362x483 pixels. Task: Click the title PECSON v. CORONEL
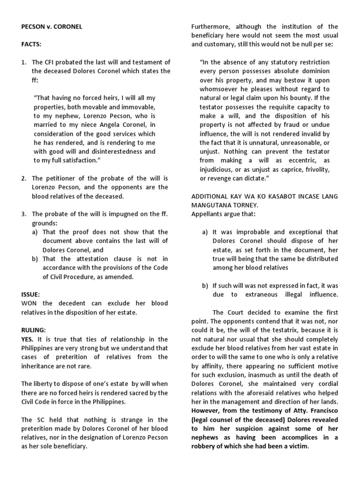(x=51, y=27)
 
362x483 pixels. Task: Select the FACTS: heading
(x=30, y=44)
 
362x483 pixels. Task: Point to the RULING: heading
(x=32, y=330)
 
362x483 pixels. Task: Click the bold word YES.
(x=28, y=339)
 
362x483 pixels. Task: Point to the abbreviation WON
(x=30, y=303)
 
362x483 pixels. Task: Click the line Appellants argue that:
(x=223, y=214)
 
